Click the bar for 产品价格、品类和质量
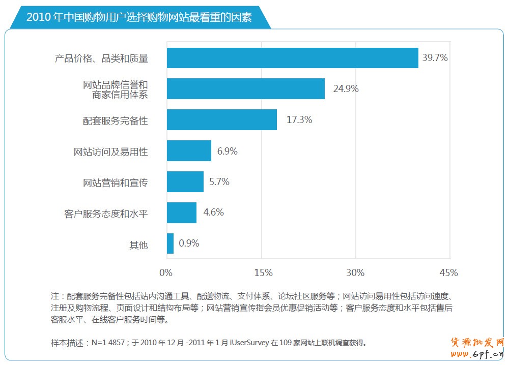point(292,58)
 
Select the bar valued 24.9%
point(245,89)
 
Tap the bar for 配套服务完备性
point(221,120)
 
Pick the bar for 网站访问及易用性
point(189,151)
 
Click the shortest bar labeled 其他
point(170,244)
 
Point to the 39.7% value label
point(435,58)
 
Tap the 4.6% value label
point(213,212)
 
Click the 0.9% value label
point(189,244)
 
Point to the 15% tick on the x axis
point(263,272)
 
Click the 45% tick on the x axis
point(448,272)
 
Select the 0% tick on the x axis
point(166,272)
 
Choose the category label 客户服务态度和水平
point(106,214)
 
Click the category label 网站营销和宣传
point(116,183)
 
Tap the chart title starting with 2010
point(139,17)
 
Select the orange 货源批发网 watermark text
point(477,342)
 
